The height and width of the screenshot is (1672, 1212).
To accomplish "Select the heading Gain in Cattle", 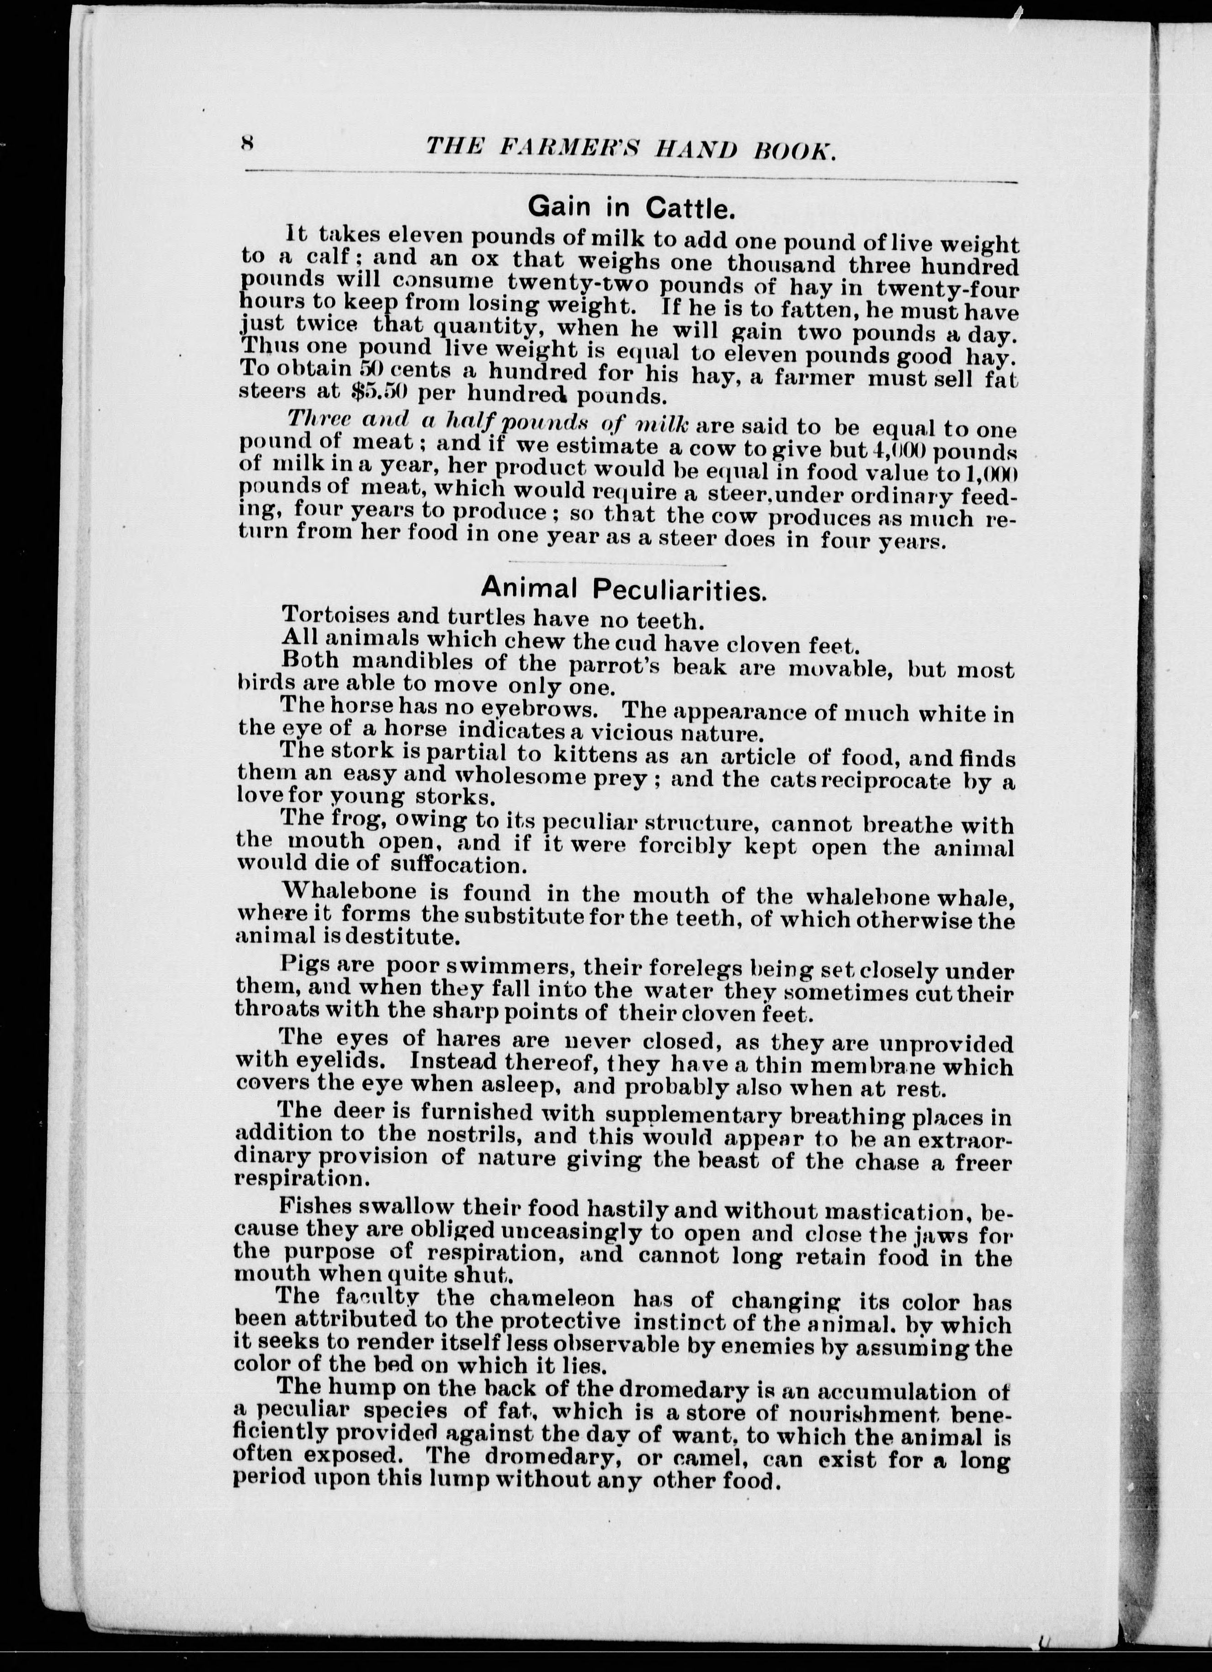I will [632, 209].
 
